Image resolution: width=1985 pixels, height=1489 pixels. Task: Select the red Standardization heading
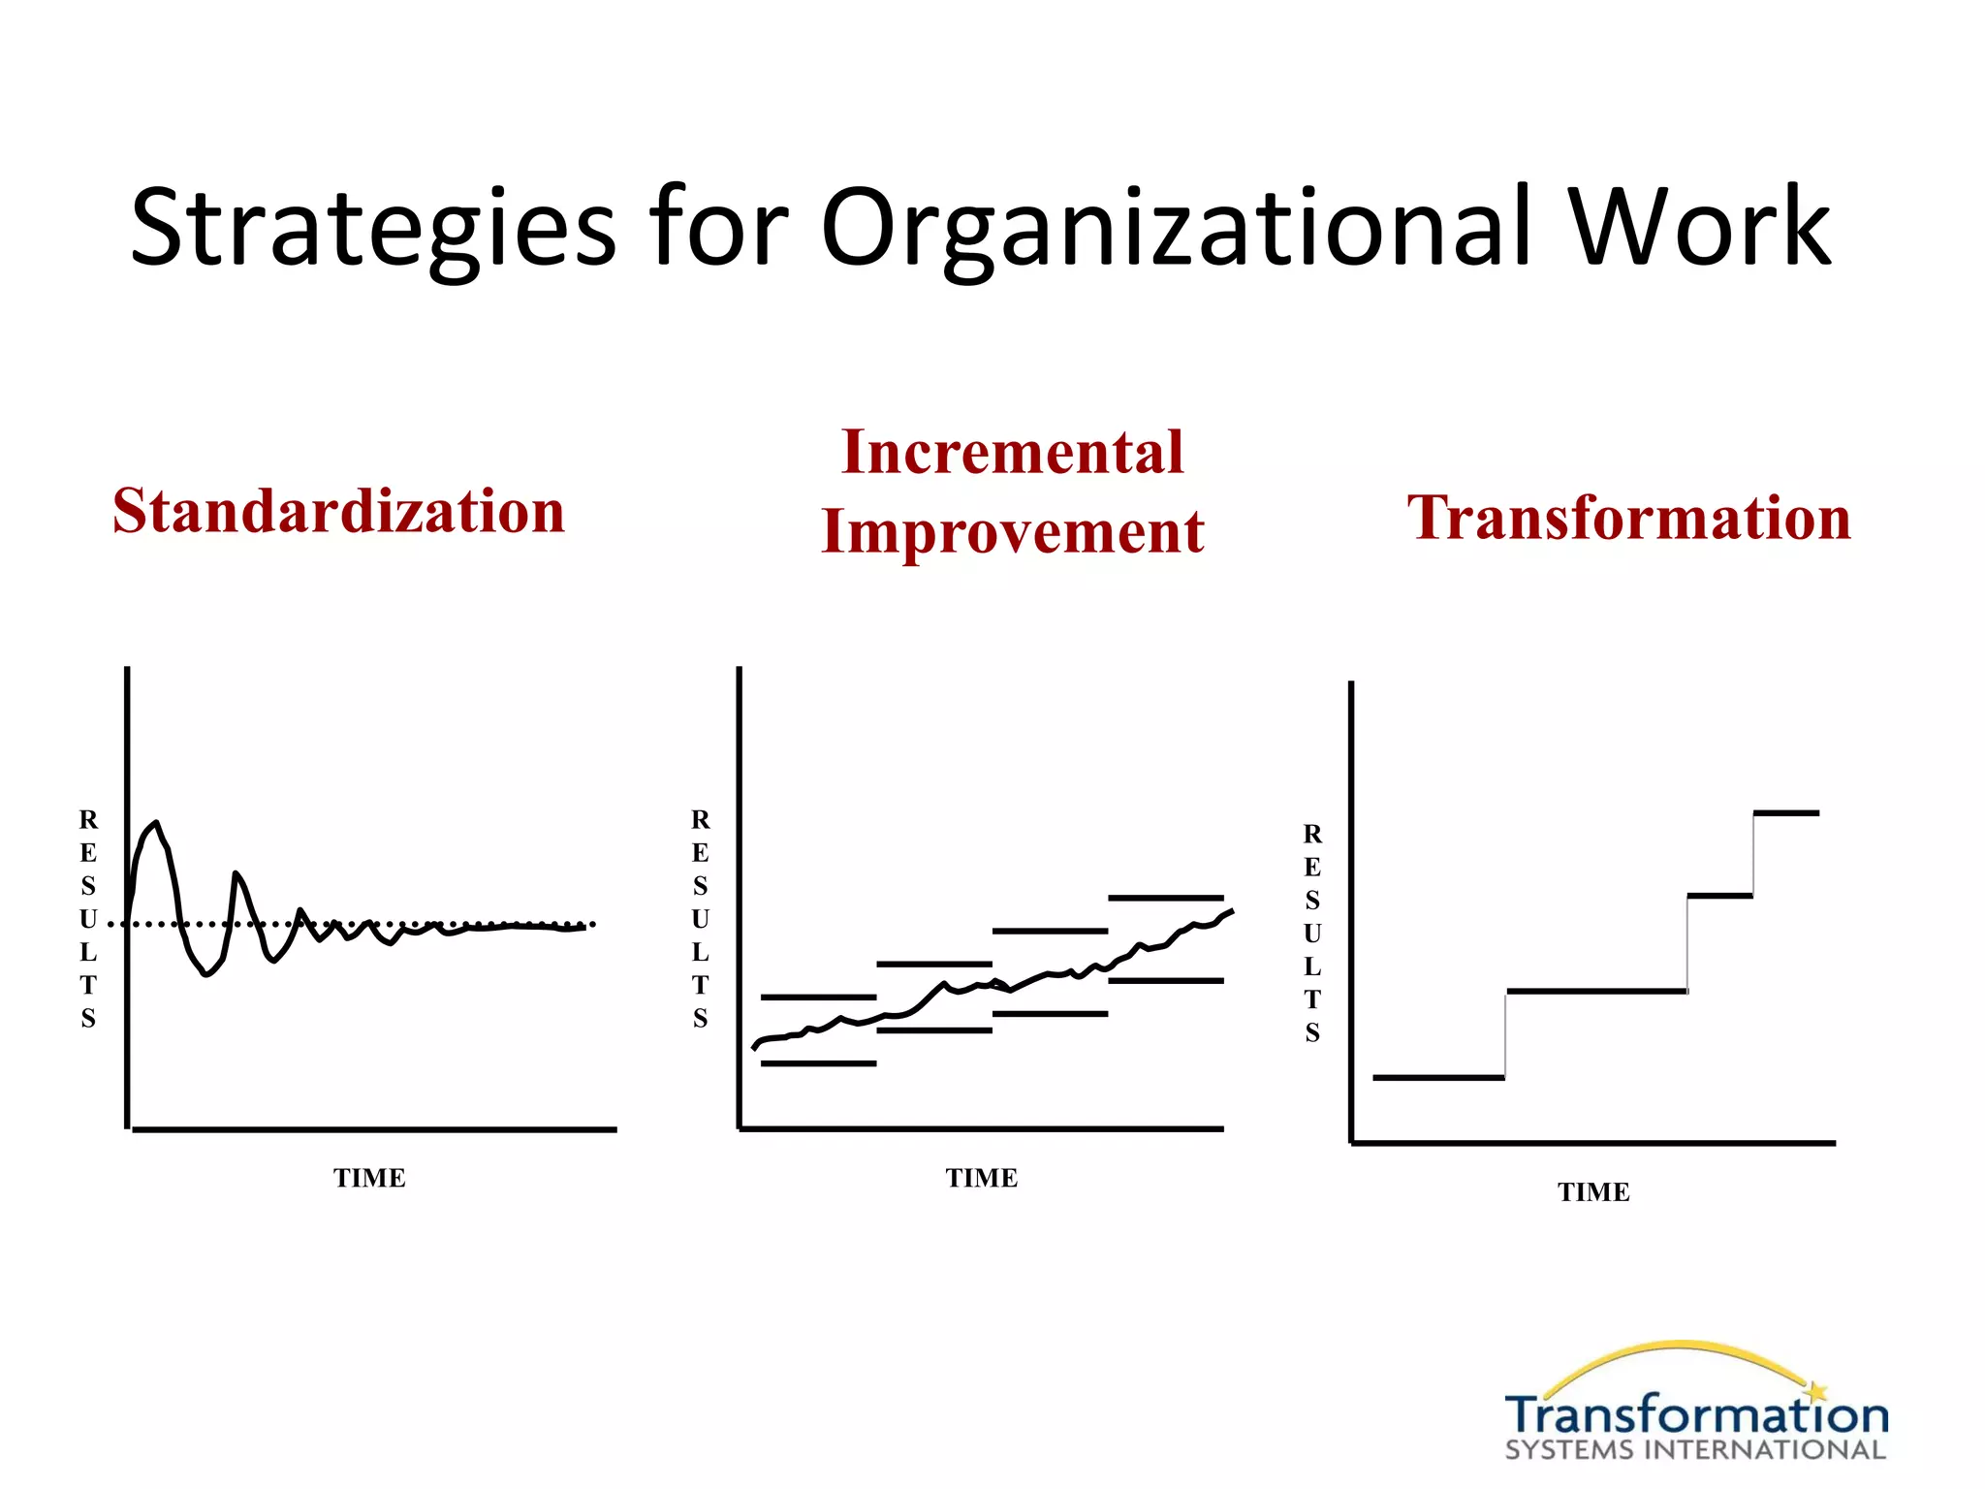pyautogui.click(x=338, y=511)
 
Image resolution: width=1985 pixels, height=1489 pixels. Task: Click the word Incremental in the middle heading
pyautogui.click(x=1013, y=452)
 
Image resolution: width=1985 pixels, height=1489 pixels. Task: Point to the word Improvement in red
pyautogui.click(x=1013, y=531)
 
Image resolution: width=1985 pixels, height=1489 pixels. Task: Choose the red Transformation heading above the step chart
pyautogui.click(x=1629, y=517)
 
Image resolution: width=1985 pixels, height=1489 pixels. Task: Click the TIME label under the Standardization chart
pyautogui.click(x=369, y=1178)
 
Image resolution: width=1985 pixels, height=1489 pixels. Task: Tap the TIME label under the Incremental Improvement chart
pyautogui.click(x=982, y=1178)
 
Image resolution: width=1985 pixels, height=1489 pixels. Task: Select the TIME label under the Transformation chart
pyautogui.click(x=1593, y=1192)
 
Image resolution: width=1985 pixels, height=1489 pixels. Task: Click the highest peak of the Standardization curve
pyautogui.click(x=155, y=824)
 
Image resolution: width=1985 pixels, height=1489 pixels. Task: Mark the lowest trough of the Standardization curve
pyautogui.click(x=205, y=973)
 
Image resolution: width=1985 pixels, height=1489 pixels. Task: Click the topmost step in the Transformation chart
pyautogui.click(x=1786, y=813)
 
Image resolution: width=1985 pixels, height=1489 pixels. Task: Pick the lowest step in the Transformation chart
pyautogui.click(x=1438, y=1077)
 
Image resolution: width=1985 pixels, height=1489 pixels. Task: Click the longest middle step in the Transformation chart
pyautogui.click(x=1596, y=991)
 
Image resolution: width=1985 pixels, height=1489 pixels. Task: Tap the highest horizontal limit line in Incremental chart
pyautogui.click(x=1166, y=899)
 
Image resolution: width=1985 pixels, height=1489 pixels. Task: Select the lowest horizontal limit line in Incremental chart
pyautogui.click(x=818, y=1063)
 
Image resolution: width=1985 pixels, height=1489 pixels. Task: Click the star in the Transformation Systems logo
pyautogui.click(x=1816, y=1391)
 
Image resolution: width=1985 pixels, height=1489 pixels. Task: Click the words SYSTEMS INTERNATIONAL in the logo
pyautogui.click(x=1695, y=1450)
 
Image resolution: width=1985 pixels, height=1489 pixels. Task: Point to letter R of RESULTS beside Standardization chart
pyautogui.click(x=88, y=820)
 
